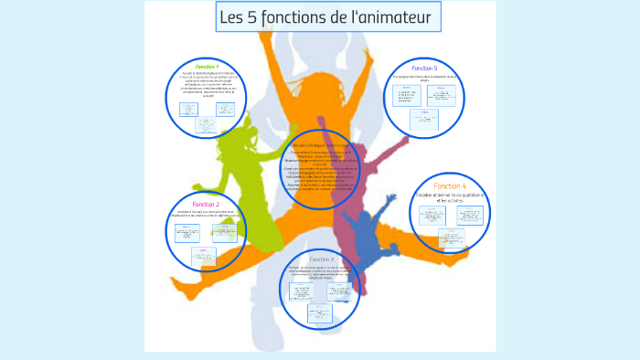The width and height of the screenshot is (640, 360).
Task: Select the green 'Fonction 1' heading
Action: (x=207, y=67)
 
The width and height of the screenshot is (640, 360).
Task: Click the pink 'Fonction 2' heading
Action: (x=206, y=204)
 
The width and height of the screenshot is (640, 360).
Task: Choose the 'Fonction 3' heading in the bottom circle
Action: (x=320, y=259)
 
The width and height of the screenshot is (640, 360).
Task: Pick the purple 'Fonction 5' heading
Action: (x=424, y=69)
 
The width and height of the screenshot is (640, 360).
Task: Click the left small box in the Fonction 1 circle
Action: (x=189, y=110)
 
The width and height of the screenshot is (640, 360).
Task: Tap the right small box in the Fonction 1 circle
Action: (x=225, y=110)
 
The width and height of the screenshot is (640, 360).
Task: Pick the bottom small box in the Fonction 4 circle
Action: (x=451, y=238)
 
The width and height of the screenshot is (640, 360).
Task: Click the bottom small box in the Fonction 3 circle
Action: (x=319, y=313)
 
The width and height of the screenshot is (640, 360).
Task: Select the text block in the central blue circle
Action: (x=319, y=168)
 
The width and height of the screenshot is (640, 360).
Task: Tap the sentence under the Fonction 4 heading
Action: (x=450, y=198)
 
